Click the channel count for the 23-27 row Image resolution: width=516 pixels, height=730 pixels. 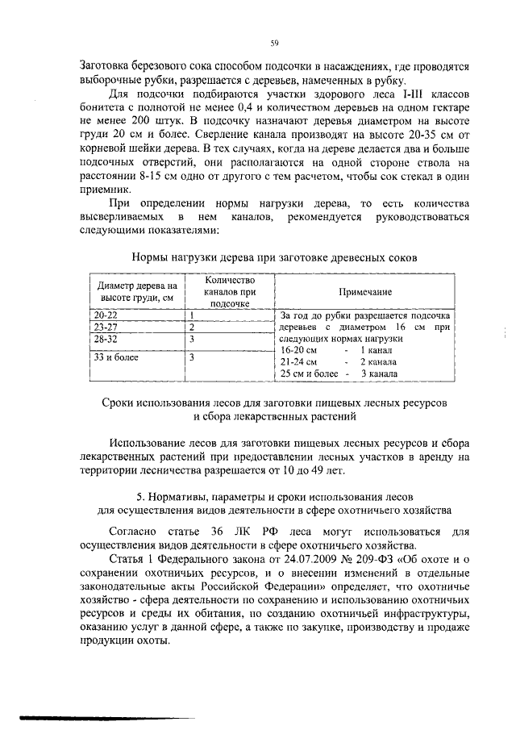click(x=193, y=327)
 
